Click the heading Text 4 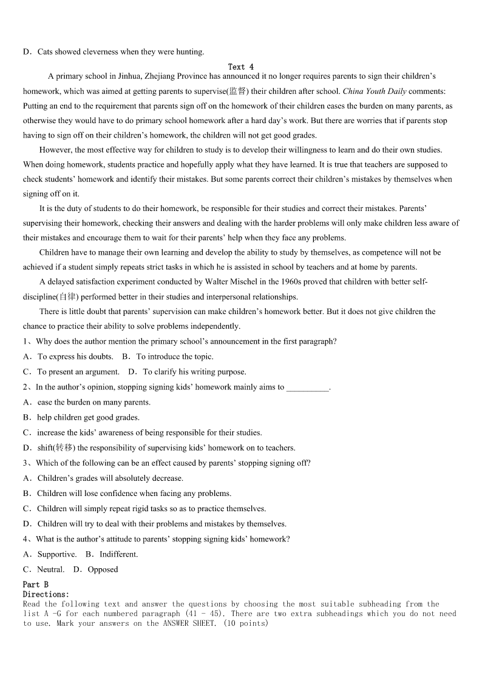(x=241, y=67)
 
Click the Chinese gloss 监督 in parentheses (x=237, y=91)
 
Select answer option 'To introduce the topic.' (x=174, y=357)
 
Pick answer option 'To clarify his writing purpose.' (x=194, y=372)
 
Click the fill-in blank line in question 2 (x=307, y=387)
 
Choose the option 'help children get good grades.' (x=88, y=417)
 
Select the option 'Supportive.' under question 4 (x=56, y=554)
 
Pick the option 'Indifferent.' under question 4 (x=118, y=554)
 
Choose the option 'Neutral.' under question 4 (x=50, y=569)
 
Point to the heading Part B (x=36, y=585)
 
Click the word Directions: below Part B (x=46, y=594)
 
